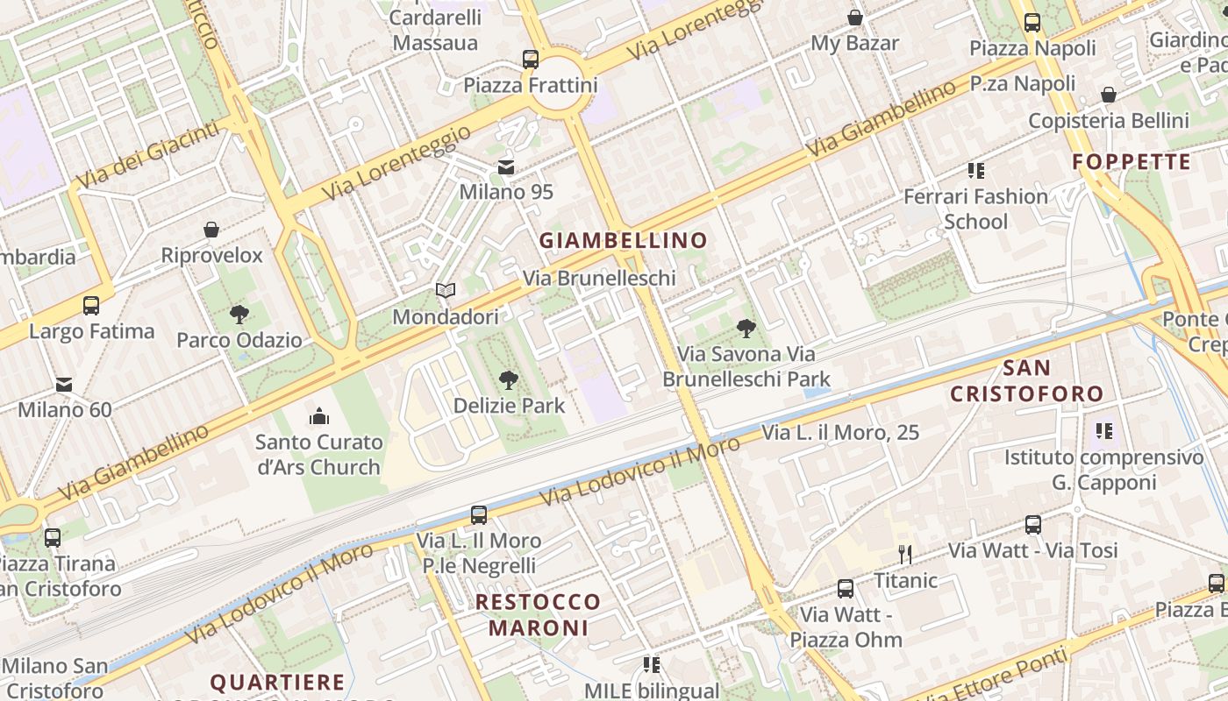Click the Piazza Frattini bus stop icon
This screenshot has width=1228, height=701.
click(x=531, y=60)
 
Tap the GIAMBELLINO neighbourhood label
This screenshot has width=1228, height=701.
click(x=623, y=240)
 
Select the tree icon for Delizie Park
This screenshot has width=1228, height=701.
click(x=508, y=379)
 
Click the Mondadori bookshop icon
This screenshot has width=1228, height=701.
click(x=446, y=290)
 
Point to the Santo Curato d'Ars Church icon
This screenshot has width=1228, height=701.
click(x=319, y=415)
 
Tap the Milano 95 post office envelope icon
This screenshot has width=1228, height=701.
click(x=506, y=166)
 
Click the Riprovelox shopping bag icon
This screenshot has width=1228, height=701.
click(x=211, y=230)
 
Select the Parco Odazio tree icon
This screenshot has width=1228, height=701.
click(x=239, y=314)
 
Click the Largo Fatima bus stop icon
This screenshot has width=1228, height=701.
click(x=91, y=306)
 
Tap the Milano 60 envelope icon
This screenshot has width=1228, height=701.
click(x=64, y=384)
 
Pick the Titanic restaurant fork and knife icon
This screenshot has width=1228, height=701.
click(x=905, y=554)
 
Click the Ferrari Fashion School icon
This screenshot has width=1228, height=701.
click(x=975, y=170)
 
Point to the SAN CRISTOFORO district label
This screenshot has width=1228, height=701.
click(x=1026, y=380)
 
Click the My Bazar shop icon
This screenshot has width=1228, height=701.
click(x=854, y=18)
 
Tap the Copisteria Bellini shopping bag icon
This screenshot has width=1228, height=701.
click(x=1109, y=95)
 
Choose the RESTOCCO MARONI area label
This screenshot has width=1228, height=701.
click(x=538, y=615)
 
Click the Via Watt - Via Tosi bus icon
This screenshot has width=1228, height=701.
click(x=1033, y=525)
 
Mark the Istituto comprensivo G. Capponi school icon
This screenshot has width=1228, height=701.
click(x=1103, y=430)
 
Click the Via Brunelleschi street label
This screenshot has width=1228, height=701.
click(x=599, y=278)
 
